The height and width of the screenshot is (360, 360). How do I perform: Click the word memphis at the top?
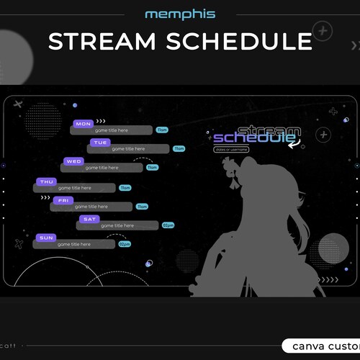(x=179, y=14)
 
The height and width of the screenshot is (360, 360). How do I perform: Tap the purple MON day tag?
(x=84, y=124)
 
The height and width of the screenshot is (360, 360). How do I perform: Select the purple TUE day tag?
(x=100, y=143)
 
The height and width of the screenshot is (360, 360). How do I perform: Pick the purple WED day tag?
(x=73, y=161)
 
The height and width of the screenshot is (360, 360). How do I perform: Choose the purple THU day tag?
(x=47, y=181)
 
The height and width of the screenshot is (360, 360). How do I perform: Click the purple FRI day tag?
(x=63, y=200)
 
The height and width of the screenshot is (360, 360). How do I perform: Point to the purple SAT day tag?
(x=89, y=219)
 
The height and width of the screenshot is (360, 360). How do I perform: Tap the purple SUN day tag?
(x=46, y=238)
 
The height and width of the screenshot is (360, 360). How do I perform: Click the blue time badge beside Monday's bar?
(x=162, y=130)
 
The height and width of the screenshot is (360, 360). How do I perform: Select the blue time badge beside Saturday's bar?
(x=168, y=225)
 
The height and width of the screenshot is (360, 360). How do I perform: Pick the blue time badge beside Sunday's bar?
(x=125, y=244)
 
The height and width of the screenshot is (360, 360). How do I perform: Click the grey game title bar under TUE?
(x=129, y=149)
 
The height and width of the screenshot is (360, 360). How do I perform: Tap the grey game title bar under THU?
(x=75, y=188)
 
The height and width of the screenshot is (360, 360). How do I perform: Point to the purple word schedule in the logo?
(x=244, y=138)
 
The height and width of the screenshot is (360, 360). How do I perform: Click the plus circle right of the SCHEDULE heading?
(x=323, y=31)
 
